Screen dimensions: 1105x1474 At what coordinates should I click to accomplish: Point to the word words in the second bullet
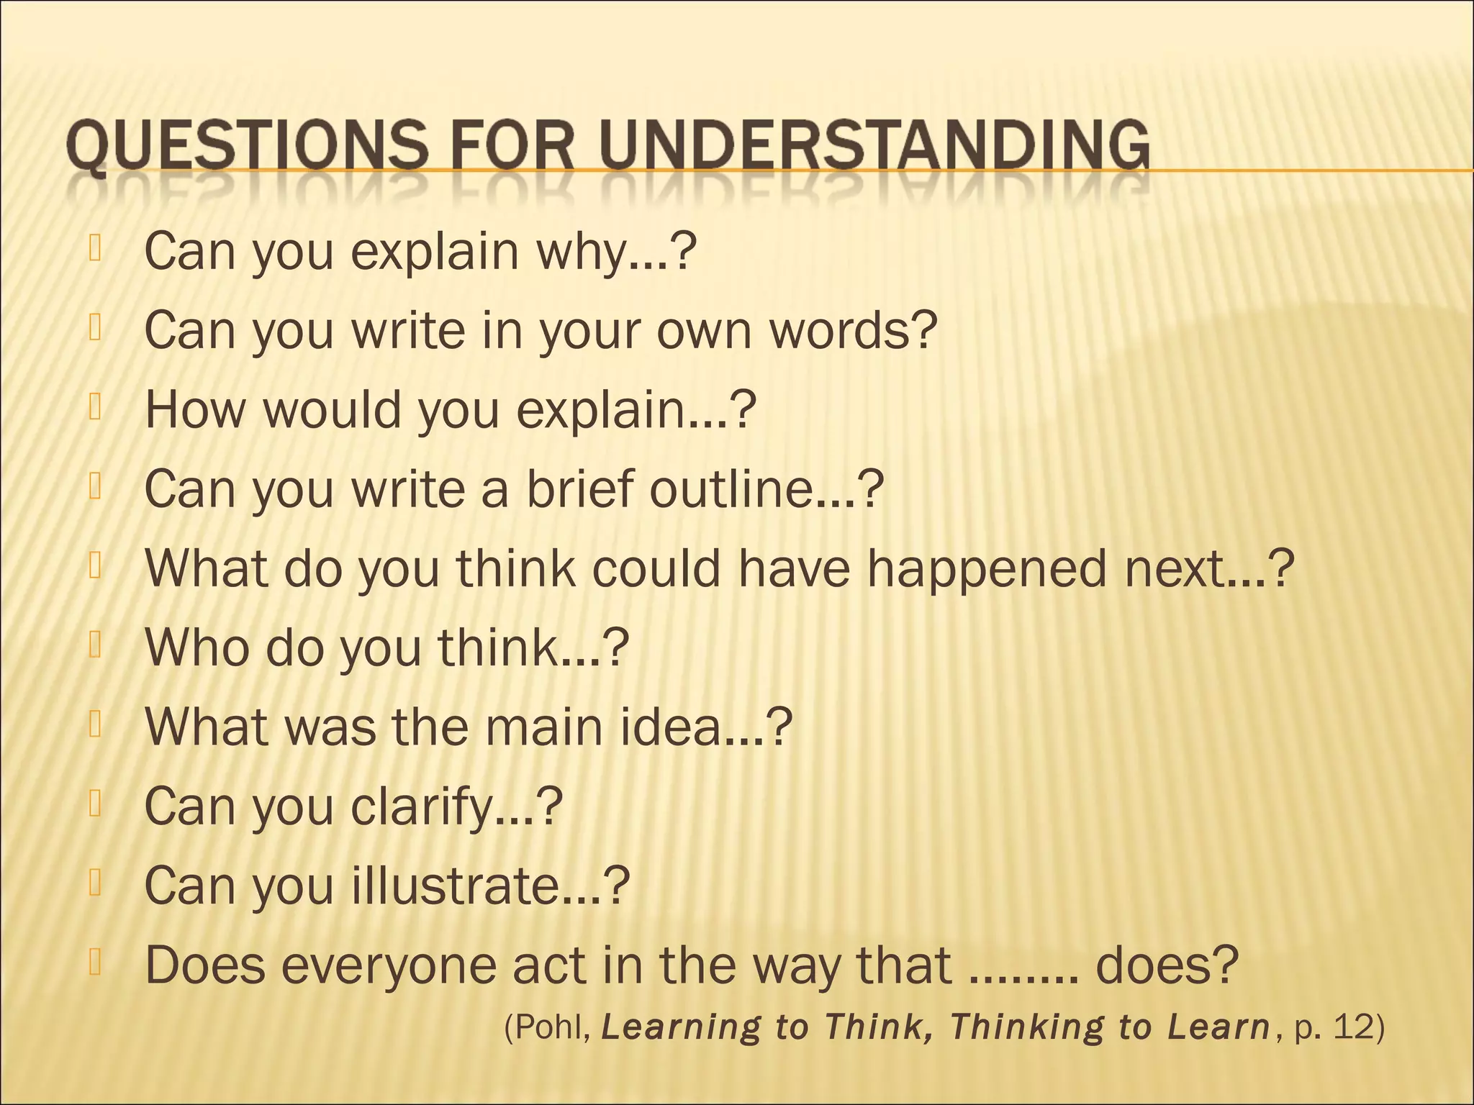[854, 330]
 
